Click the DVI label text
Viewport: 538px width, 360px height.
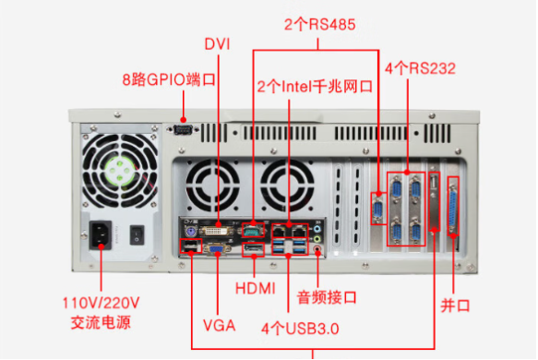(217, 43)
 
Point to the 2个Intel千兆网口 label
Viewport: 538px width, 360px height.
(314, 87)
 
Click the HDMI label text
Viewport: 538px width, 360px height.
(255, 288)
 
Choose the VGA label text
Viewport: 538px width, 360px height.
(219, 325)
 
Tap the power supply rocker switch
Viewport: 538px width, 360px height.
(137, 234)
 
